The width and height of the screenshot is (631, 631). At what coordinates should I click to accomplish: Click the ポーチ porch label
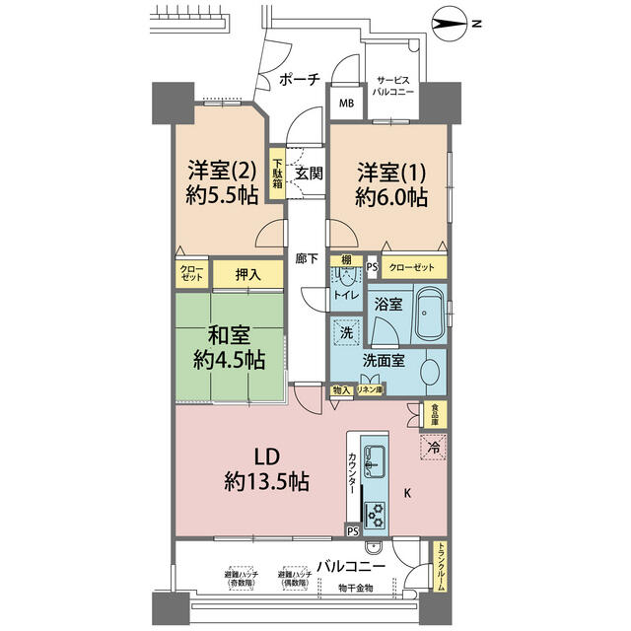click(x=299, y=81)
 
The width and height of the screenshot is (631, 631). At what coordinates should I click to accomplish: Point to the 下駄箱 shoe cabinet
click(x=279, y=174)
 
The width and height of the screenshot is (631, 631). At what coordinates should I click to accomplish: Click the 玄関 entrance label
click(x=309, y=175)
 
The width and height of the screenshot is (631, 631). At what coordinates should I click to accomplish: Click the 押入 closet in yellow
click(x=248, y=275)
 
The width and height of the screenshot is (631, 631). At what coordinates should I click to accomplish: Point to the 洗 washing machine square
click(x=346, y=333)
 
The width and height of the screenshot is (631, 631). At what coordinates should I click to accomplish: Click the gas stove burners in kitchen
click(x=376, y=512)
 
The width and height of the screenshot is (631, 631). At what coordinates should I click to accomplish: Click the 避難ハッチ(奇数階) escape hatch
click(x=239, y=576)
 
